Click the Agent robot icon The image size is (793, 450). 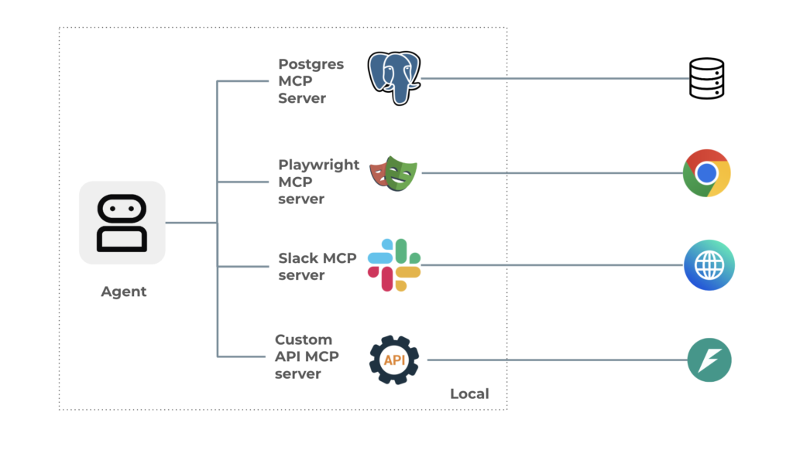pos(122,223)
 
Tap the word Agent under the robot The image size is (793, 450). pos(123,291)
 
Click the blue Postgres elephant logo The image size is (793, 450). pos(393,77)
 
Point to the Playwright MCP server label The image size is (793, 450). pos(318,182)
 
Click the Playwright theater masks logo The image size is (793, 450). pos(393,173)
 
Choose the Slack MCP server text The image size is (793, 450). pos(317,266)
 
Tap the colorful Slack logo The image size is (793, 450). pos(394,264)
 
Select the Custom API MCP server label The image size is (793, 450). pos(307,356)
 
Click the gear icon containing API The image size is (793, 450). pos(394,360)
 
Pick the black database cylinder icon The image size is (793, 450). pos(706,78)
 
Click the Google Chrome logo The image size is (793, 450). pos(706,173)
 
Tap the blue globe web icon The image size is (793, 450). pos(709,265)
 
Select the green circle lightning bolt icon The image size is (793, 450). pos(709,360)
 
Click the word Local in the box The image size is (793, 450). pos(469,394)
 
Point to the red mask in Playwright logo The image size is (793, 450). pos(379,172)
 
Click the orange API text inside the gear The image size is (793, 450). pos(394,360)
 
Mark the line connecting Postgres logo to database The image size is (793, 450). pos(554,79)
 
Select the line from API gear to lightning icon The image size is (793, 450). pos(558,360)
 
